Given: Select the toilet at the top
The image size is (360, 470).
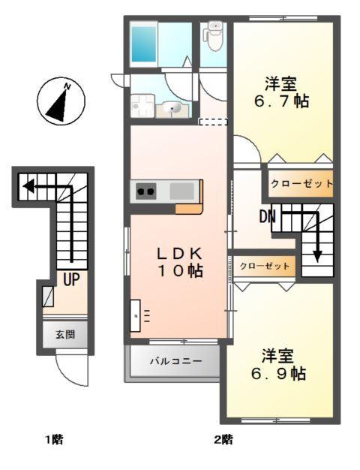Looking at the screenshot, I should pyautogui.click(x=214, y=37).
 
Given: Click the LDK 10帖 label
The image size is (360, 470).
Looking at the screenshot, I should pyautogui.click(x=180, y=262).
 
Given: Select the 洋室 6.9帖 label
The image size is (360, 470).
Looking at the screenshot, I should pyautogui.click(x=278, y=363).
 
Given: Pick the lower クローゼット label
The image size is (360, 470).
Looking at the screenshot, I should pyautogui.click(x=264, y=266).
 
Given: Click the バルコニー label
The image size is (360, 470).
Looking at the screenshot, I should pyautogui.click(x=175, y=361).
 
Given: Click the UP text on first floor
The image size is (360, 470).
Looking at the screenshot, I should pyautogui.click(x=72, y=281).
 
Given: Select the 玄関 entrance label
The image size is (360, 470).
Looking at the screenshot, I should pyautogui.click(x=64, y=335).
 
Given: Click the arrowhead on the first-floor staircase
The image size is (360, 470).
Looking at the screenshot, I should pyautogui.click(x=25, y=185).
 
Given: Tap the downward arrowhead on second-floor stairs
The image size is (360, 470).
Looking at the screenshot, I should pyautogui.click(x=317, y=255).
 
